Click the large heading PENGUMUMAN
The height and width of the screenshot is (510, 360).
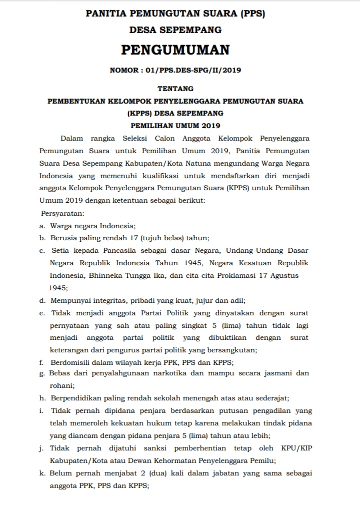point(175,50)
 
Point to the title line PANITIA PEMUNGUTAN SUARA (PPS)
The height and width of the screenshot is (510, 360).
point(175,15)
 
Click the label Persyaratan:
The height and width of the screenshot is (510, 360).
point(62,213)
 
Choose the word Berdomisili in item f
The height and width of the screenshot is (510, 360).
point(70,361)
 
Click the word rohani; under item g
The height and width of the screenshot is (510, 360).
point(62,386)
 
